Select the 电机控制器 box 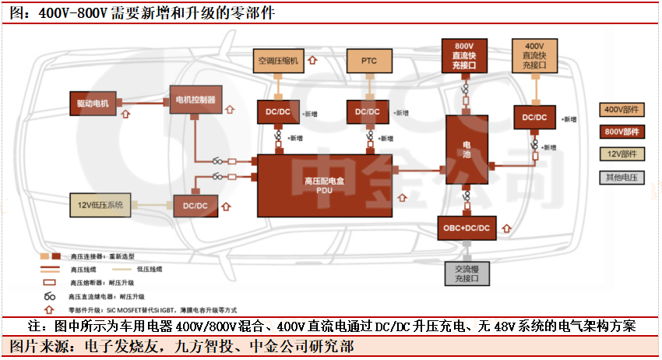[x=195, y=99]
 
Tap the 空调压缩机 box [x=279, y=60]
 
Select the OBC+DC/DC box [x=466, y=228]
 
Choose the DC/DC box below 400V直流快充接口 [x=535, y=117]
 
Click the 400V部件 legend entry [x=621, y=110]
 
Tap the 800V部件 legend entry [x=621, y=132]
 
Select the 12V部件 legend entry [x=621, y=154]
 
